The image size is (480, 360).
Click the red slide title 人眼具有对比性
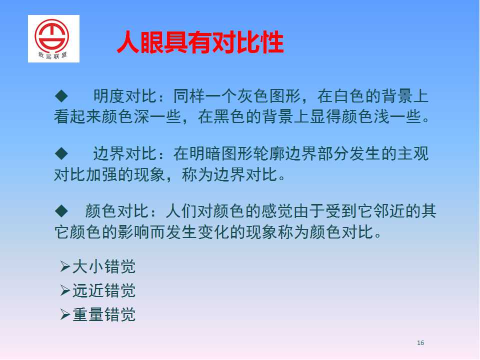coord(200,42)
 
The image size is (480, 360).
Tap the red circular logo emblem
coord(51,36)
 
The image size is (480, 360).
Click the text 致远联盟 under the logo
coord(52,55)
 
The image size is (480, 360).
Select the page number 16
coord(420,343)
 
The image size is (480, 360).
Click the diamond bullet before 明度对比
coord(61,96)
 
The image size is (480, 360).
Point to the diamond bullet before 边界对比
coord(61,153)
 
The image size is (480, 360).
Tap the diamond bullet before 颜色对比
coord(61,211)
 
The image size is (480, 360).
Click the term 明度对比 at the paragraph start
coord(125,96)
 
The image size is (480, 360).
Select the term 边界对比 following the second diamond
coord(125,153)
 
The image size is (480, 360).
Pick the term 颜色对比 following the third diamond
coord(117,211)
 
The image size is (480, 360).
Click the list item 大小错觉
coord(104,266)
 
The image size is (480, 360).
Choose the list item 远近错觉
coord(104,290)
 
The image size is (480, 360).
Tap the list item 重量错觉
coord(104,314)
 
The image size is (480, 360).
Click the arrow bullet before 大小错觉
coord(65,266)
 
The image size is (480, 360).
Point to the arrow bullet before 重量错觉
coord(65,314)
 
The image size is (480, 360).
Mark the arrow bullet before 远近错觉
coord(65,290)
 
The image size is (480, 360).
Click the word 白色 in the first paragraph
coord(349,96)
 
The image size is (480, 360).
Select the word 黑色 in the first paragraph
coord(229,116)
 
